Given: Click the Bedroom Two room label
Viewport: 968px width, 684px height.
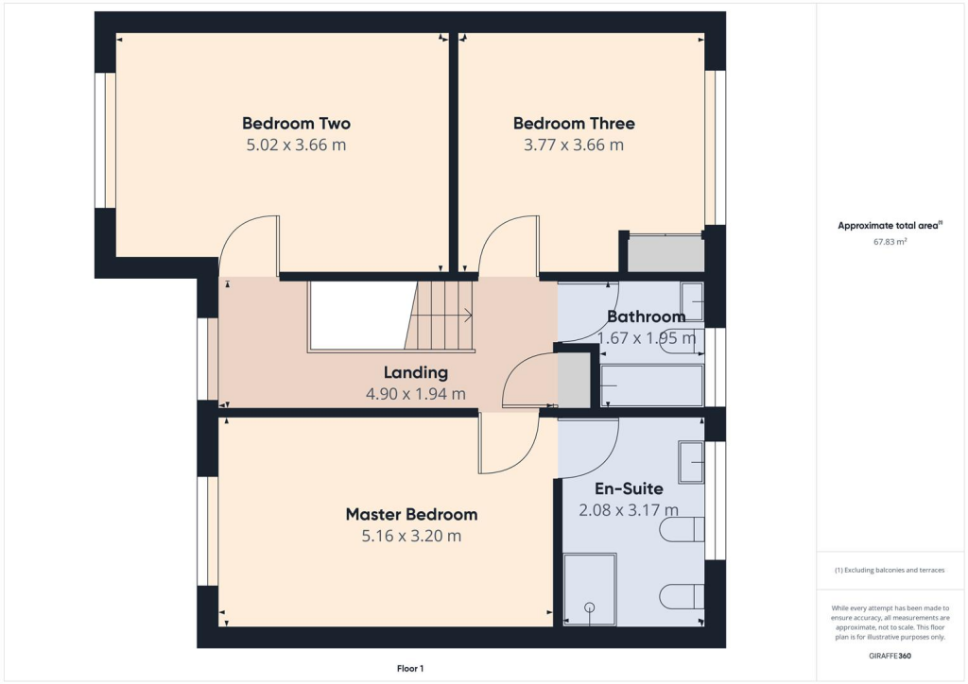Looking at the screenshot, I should pyautogui.click(x=296, y=123).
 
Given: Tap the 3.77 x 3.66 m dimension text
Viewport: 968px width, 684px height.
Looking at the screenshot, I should pyautogui.click(x=574, y=145).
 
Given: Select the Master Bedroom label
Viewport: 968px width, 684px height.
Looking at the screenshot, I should pyautogui.click(x=411, y=515).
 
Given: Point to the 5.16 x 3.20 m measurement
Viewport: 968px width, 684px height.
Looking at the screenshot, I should pyautogui.click(x=411, y=537).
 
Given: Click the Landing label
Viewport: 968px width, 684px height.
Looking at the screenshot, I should pyautogui.click(x=416, y=372).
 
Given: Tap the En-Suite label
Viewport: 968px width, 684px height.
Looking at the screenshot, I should pyautogui.click(x=629, y=489).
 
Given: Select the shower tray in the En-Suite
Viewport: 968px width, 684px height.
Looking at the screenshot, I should pyautogui.click(x=590, y=590).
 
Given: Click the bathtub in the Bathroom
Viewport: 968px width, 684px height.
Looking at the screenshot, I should pyautogui.click(x=652, y=385).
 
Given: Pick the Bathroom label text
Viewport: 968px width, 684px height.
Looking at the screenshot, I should pyautogui.click(x=646, y=316).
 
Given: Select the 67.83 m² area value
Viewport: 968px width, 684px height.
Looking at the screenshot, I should pyautogui.click(x=890, y=242).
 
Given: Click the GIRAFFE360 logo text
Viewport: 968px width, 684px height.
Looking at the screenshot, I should pyautogui.click(x=890, y=656).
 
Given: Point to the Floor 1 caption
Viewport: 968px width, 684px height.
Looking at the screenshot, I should pyautogui.click(x=410, y=669).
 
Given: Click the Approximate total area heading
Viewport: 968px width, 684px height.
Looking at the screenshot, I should pyautogui.click(x=890, y=225).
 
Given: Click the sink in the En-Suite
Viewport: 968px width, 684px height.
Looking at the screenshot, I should pyautogui.click(x=691, y=461).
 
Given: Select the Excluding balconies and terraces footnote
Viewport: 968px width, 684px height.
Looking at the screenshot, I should pyautogui.click(x=889, y=570).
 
